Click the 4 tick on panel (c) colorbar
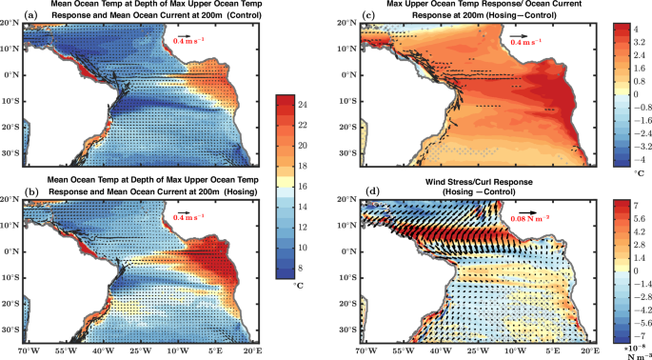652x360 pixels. (x=629, y=30)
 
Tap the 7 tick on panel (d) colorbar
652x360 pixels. (x=629, y=205)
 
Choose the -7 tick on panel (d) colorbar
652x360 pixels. (x=631, y=310)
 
